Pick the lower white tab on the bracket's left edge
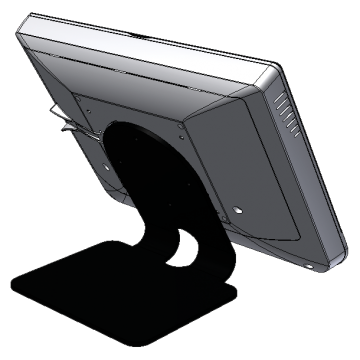(x=66, y=128)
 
